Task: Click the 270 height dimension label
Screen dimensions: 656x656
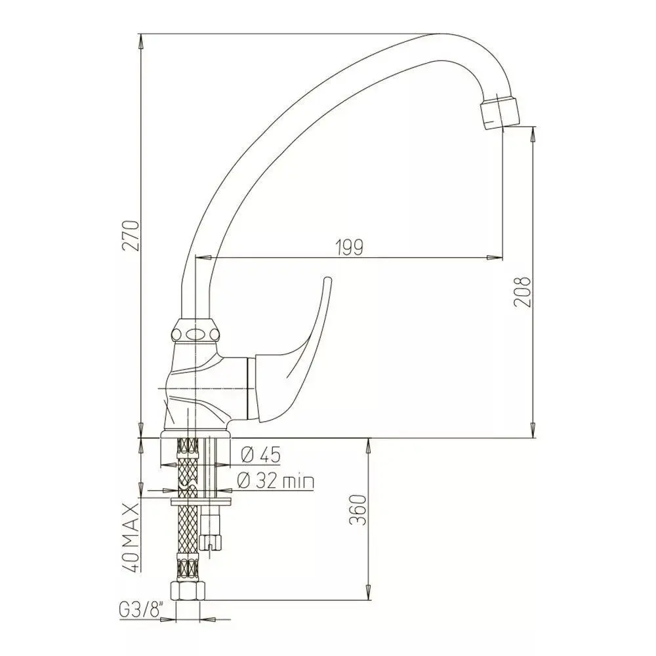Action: click(130, 235)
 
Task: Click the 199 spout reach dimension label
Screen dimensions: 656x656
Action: click(350, 248)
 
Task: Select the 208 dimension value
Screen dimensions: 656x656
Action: click(523, 292)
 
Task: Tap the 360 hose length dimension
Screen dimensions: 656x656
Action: click(358, 510)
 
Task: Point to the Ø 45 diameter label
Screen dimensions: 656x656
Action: click(260, 455)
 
